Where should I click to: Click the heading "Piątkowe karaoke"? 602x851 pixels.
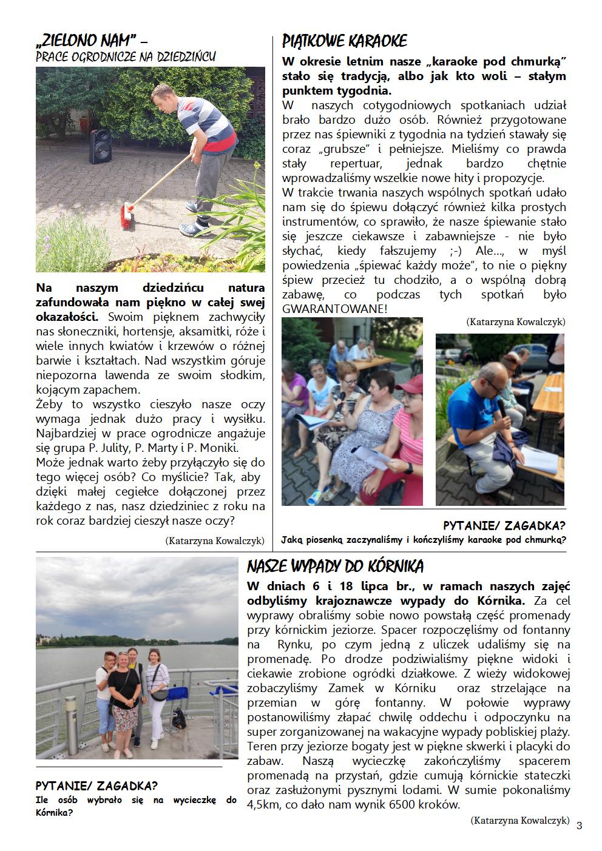[345, 41]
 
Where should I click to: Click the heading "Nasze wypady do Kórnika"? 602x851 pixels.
[335, 567]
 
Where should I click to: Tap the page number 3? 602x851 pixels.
[579, 825]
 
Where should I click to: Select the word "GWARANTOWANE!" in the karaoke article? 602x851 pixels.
[334, 309]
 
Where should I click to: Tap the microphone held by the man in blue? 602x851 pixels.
[503, 409]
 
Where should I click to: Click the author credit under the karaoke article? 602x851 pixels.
[516, 321]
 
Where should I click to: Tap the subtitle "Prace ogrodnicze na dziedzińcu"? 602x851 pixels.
[126, 57]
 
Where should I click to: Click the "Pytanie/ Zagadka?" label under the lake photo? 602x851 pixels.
[96, 786]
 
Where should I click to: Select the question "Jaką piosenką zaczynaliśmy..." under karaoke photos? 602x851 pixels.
[424, 539]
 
